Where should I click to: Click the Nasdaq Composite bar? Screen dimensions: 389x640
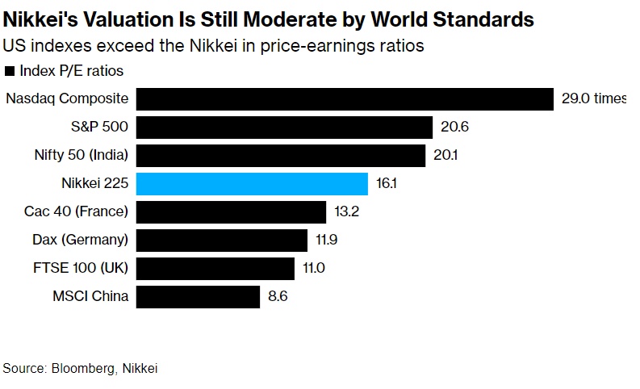click(x=344, y=99)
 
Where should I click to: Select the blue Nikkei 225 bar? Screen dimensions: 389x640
click(x=252, y=184)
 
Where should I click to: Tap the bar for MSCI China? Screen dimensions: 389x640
click(x=198, y=296)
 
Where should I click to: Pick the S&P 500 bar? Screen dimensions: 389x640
click(x=284, y=128)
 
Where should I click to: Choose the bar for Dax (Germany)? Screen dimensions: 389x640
click(x=222, y=240)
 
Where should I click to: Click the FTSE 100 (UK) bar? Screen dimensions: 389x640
click(x=215, y=268)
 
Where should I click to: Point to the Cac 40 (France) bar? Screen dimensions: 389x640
click(x=232, y=212)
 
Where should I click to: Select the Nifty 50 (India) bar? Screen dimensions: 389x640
click(x=280, y=156)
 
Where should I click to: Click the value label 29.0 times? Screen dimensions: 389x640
click(x=594, y=99)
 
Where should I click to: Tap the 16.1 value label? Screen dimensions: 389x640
click(x=387, y=184)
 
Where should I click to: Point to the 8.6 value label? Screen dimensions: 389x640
click(x=278, y=296)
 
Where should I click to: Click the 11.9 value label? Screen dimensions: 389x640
click(x=327, y=240)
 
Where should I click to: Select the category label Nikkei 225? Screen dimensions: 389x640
click(x=94, y=184)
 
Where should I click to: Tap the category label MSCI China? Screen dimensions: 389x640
click(x=90, y=296)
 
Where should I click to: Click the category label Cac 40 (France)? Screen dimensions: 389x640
click(x=77, y=212)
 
